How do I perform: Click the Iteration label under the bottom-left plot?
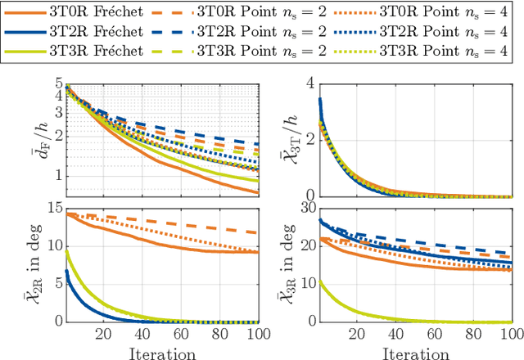pyautogui.click(x=163, y=353)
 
